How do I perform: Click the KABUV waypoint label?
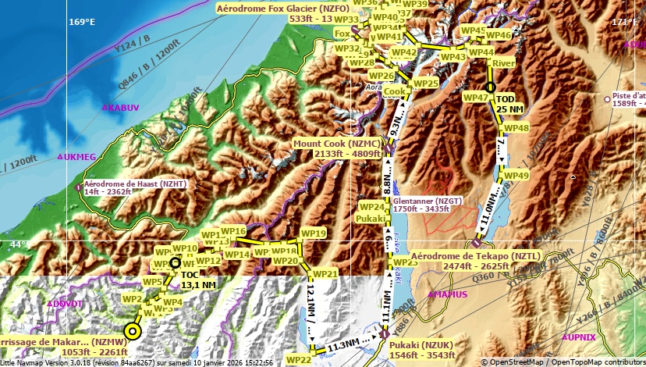(x=123, y=108)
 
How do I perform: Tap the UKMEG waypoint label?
(x=80, y=157)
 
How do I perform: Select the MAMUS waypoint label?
(x=450, y=294)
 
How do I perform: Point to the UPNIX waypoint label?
(x=581, y=337)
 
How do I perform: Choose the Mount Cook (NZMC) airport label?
(x=337, y=149)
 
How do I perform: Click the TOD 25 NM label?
(x=510, y=104)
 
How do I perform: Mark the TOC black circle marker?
(x=175, y=263)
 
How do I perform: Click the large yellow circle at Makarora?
(x=133, y=332)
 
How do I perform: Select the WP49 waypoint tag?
(x=516, y=176)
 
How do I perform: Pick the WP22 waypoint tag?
(x=299, y=359)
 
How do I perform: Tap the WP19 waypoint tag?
(x=313, y=233)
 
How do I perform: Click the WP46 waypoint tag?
(x=499, y=35)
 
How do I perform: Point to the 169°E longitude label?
(x=81, y=21)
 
